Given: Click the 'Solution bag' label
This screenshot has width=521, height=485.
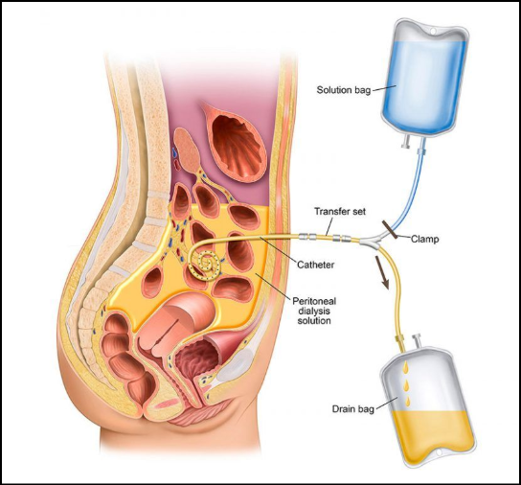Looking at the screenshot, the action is pos(343,90).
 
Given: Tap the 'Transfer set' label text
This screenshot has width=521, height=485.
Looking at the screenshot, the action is pos(340,211).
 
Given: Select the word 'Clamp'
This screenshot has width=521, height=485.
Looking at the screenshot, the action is pos(424,239).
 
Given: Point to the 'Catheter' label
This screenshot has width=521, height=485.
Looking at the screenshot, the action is pos(315,265).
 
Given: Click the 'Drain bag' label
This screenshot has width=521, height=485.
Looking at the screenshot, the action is pos(352,409).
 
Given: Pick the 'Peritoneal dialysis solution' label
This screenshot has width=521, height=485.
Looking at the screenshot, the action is pos(314,311).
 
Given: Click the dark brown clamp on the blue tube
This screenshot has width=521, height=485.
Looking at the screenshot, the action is pos(390,229).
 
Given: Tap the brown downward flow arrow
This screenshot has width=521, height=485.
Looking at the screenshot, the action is pos(382,271).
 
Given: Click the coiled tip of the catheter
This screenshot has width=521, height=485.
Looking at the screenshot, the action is pos(205,265).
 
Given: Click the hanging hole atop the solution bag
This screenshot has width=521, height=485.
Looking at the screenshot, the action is pos(433,31).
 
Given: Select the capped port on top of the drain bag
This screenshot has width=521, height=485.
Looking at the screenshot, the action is pos(416,341).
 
